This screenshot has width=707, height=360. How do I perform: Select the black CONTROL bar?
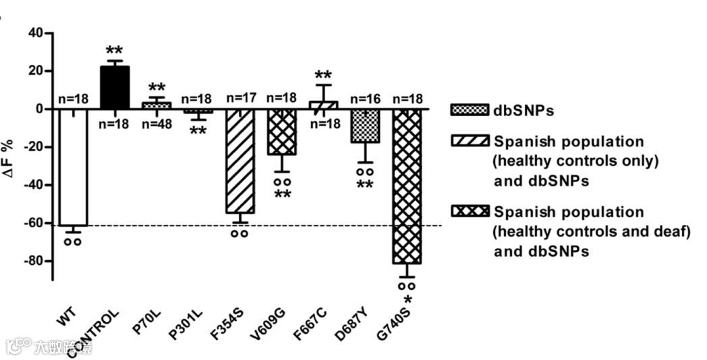tap(115, 87)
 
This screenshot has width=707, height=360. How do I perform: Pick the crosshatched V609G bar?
tap(282, 131)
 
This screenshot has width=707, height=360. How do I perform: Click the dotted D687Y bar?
tap(365, 125)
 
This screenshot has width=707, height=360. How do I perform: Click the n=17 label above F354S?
tap(239, 98)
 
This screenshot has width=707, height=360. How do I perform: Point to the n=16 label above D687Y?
tap(365, 98)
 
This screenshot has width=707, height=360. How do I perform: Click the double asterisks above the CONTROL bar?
tap(115, 51)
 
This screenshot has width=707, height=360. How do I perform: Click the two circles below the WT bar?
tap(73, 241)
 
